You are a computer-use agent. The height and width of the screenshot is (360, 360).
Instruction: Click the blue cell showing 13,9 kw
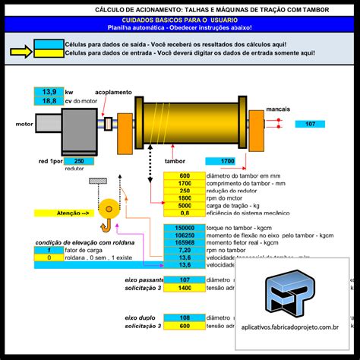coord(49,90)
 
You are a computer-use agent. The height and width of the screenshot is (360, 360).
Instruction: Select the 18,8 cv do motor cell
coord(49,100)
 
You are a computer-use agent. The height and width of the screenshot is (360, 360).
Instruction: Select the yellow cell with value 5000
coord(185,205)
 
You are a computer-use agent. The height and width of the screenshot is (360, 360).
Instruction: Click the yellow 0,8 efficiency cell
coord(185,213)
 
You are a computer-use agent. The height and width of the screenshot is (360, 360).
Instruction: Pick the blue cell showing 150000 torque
coord(185,227)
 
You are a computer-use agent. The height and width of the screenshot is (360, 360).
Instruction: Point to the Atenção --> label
coord(74,213)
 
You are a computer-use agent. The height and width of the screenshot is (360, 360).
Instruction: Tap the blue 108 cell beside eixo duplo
coord(185,317)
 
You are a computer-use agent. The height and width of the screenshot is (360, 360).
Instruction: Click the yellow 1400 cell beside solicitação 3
coord(185,289)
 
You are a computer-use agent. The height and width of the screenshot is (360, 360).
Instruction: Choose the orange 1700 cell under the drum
coord(227,162)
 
